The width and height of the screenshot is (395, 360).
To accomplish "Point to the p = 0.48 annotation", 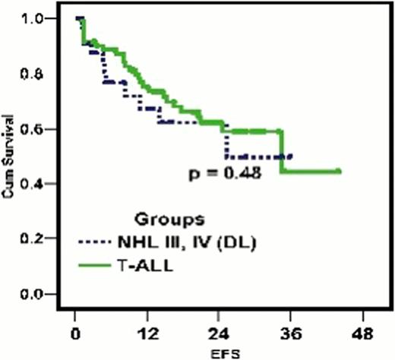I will [x=226, y=174].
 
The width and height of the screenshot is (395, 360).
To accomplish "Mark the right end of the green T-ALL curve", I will [x=339, y=172].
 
